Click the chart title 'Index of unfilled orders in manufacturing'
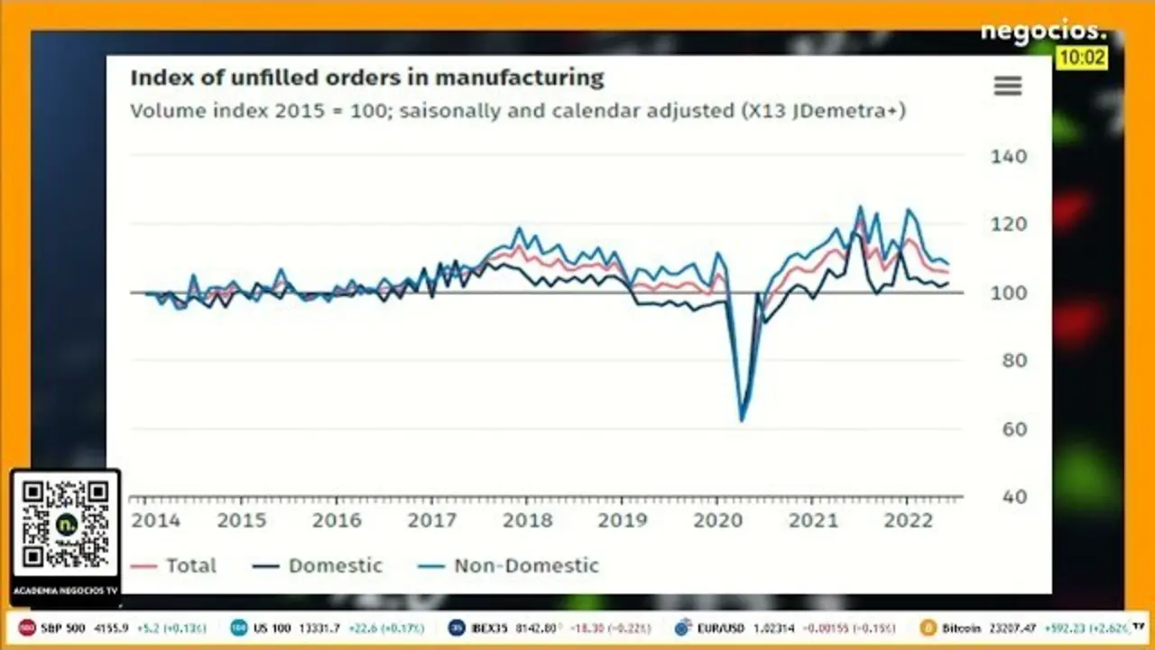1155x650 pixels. tap(366, 78)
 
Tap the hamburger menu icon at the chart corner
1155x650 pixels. tap(1007, 86)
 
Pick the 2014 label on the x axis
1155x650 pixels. tap(155, 521)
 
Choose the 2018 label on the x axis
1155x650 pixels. tap(527, 521)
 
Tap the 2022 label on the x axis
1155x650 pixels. tap(907, 521)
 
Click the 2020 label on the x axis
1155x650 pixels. tap(717, 521)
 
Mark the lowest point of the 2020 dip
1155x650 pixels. tap(742, 420)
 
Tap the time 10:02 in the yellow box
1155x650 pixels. tap(1081, 58)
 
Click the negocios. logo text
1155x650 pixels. tap(1042, 32)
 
